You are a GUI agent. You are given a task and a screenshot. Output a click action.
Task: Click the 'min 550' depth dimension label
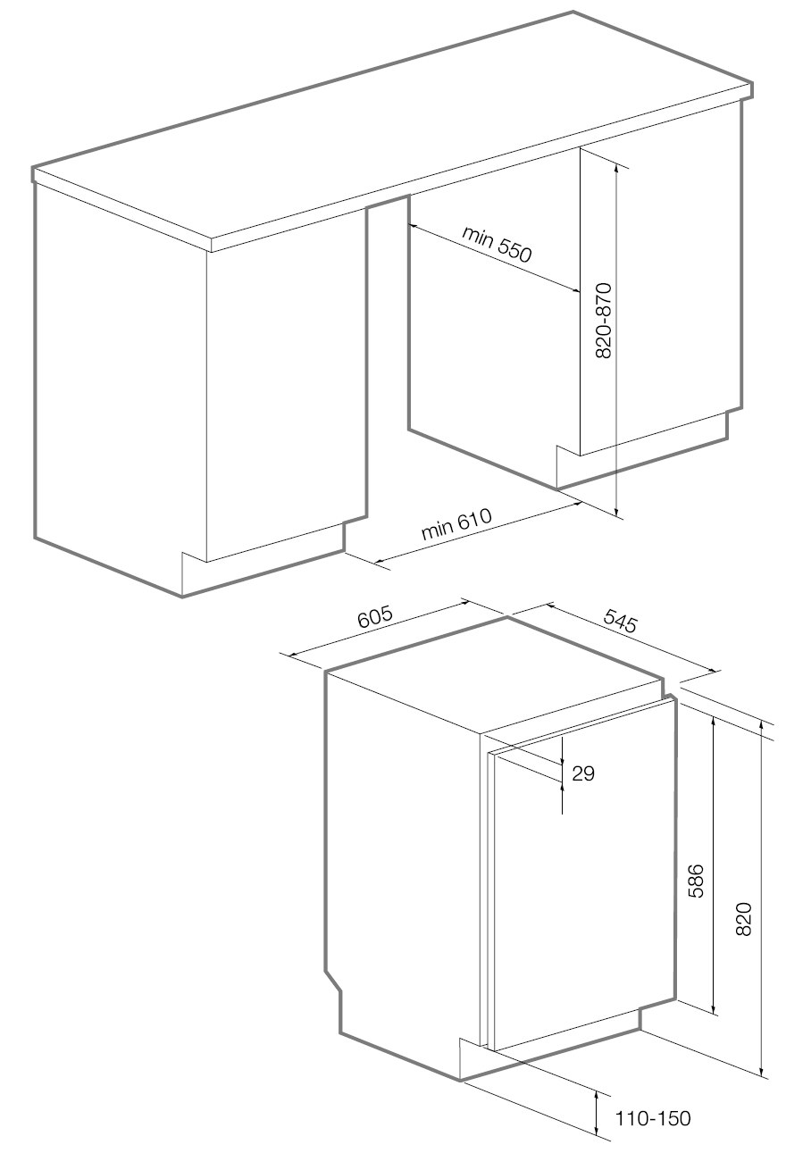click(x=496, y=244)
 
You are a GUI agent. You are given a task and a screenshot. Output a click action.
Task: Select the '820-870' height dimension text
click(x=602, y=320)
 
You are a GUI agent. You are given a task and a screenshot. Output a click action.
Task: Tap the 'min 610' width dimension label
click(x=456, y=524)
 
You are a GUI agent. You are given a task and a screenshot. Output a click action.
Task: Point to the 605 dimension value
click(x=375, y=617)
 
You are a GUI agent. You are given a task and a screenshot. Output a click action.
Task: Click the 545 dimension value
click(x=621, y=620)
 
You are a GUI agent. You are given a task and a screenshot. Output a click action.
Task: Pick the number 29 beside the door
click(x=583, y=773)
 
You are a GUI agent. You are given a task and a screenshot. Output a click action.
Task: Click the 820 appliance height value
click(x=744, y=919)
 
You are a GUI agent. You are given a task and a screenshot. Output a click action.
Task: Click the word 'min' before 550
click(x=477, y=235)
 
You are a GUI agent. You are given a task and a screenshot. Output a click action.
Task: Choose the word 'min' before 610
click(x=437, y=531)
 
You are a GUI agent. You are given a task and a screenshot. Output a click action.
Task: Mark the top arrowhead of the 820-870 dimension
click(x=616, y=166)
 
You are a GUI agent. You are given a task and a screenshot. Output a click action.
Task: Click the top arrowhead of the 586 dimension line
click(x=714, y=722)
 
